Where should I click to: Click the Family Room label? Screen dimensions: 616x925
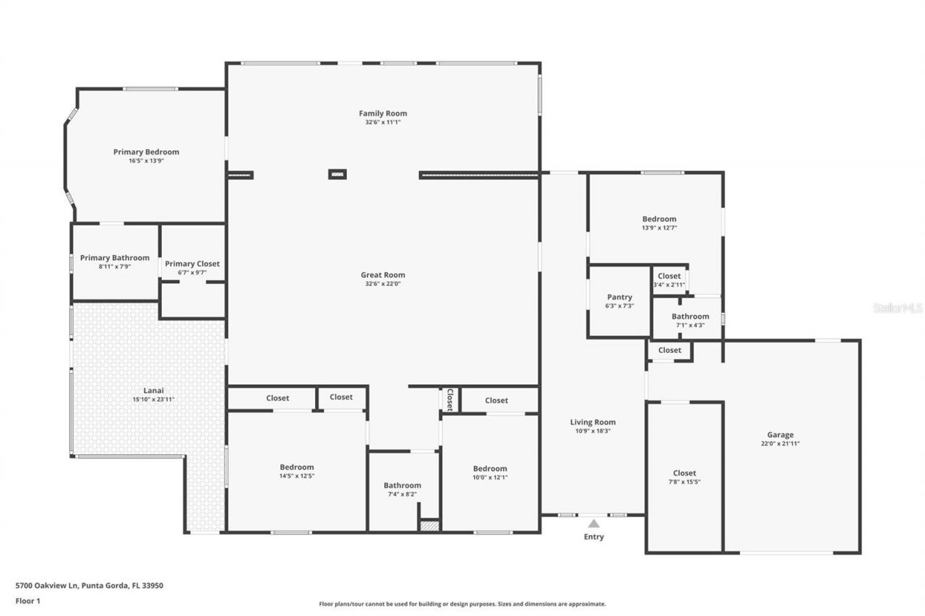click(x=382, y=113)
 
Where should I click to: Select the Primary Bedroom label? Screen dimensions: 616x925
click(x=146, y=152)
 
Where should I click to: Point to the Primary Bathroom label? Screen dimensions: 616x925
click(x=115, y=258)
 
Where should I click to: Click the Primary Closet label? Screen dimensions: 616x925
click(x=192, y=264)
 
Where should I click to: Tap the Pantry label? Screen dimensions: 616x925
click(x=619, y=297)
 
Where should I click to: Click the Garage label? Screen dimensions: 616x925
click(x=780, y=435)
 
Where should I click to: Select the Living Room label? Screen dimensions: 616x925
click(x=593, y=422)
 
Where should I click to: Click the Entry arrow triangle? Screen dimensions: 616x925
click(x=593, y=523)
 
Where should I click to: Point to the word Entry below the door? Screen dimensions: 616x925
click(x=593, y=537)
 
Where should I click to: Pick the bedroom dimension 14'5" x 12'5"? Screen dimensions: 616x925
click(x=297, y=476)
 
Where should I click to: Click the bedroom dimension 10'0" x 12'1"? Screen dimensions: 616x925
click(x=490, y=477)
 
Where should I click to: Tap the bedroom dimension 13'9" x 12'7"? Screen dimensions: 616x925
click(x=659, y=227)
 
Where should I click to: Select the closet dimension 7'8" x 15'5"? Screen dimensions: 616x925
click(x=684, y=482)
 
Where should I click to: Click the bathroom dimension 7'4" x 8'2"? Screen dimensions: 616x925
click(x=402, y=494)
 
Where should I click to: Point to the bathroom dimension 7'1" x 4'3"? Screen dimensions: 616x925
click(x=690, y=325)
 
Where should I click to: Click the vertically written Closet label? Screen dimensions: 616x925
click(x=449, y=399)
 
